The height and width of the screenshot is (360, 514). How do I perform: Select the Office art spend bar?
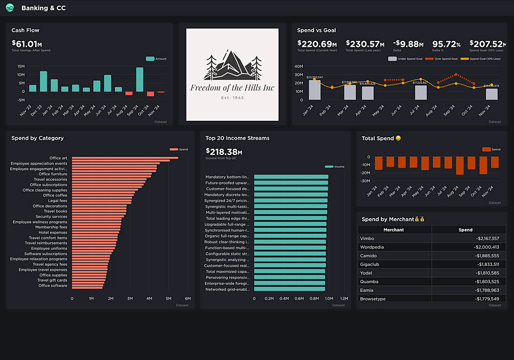click(x=125, y=158)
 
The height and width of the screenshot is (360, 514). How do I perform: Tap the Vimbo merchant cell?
click(x=368, y=239)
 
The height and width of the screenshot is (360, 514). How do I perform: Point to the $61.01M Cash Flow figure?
click(x=27, y=44)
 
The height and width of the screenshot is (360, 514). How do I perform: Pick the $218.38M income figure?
click(x=224, y=152)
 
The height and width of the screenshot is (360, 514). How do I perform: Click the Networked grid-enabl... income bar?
click(x=289, y=289)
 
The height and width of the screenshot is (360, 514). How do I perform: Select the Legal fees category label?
click(x=57, y=201)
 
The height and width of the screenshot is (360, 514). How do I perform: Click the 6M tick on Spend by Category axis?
click(x=188, y=298)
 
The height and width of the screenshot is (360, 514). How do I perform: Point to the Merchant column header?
click(x=394, y=230)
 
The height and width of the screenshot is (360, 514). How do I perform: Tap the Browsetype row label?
click(x=373, y=299)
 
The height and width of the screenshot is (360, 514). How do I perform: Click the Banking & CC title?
click(x=44, y=8)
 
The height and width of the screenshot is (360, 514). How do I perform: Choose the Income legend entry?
click(x=335, y=167)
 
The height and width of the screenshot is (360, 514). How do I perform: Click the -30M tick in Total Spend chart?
click(x=365, y=181)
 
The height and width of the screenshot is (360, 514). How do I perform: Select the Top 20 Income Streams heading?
click(x=237, y=138)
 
